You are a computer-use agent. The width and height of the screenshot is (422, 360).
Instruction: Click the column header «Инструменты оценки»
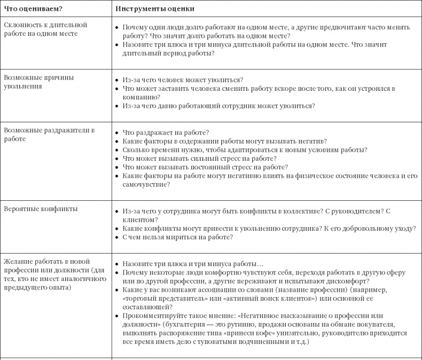(154, 9)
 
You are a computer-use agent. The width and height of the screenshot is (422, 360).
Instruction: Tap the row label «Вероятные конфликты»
(40, 209)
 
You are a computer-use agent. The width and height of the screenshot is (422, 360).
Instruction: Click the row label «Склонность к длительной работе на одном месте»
(45, 29)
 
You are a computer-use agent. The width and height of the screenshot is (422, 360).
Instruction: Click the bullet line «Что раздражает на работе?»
(166, 132)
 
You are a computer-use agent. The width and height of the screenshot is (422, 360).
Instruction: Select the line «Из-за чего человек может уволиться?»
(183, 80)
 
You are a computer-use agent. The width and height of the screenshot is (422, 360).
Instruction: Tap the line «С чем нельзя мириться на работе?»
(177, 237)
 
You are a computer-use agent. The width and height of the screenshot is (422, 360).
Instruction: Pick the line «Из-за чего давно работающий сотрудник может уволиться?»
(218, 106)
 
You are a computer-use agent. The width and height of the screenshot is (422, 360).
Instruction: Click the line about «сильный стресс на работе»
(199, 159)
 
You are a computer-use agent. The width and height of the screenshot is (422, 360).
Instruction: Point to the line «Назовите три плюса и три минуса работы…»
(193, 264)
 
